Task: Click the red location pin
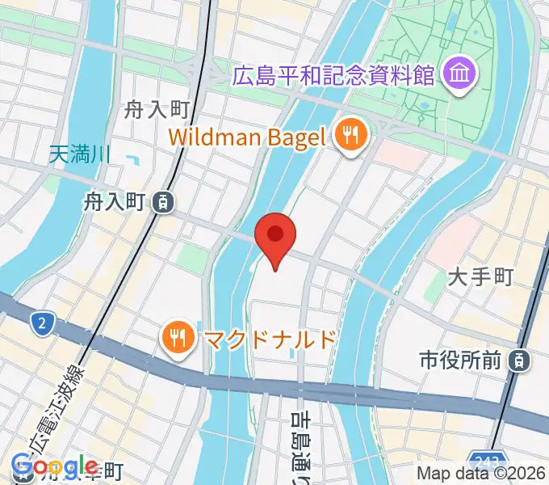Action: (275, 236)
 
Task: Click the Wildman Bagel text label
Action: (247, 136)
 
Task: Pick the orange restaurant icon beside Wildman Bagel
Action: (350, 135)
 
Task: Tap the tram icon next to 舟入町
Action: (163, 202)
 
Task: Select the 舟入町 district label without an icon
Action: (156, 109)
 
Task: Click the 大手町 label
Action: (481, 277)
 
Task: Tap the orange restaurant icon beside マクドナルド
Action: (176, 339)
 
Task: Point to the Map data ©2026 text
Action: (480, 474)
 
